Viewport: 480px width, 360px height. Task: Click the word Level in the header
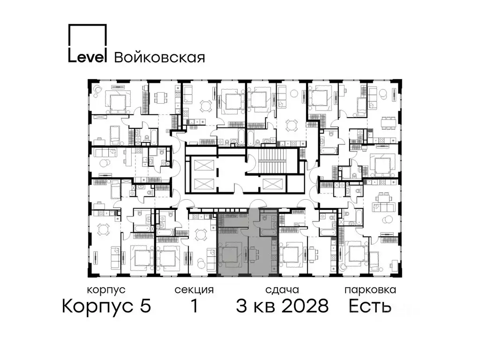click(88, 57)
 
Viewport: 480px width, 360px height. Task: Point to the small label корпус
click(106, 290)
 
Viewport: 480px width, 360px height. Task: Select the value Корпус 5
click(106, 307)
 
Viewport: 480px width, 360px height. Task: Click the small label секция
click(194, 290)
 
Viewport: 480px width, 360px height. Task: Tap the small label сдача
click(281, 290)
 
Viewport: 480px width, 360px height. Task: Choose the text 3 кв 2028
click(282, 307)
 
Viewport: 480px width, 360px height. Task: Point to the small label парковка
click(370, 290)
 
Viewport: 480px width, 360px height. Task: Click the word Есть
click(370, 307)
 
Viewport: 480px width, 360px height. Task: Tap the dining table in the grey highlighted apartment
click(254, 255)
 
